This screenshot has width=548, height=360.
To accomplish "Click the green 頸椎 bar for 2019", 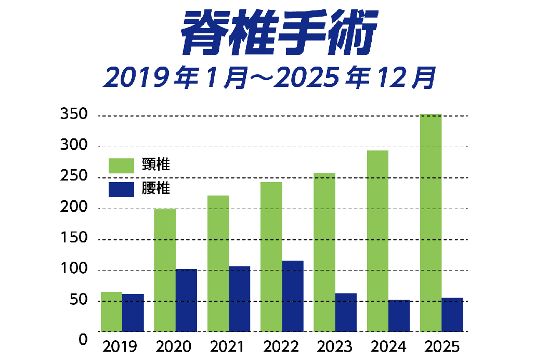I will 111,312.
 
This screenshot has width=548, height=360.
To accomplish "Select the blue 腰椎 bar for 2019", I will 133,313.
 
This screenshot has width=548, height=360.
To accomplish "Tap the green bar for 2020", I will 165,270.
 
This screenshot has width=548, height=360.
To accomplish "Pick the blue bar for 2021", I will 239,299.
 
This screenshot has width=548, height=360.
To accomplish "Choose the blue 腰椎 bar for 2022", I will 293,296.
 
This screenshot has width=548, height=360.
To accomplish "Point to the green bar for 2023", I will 324,252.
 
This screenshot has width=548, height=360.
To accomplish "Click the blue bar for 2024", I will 399,316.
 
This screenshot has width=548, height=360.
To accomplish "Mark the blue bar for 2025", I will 452,315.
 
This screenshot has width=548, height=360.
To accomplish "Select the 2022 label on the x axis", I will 281,346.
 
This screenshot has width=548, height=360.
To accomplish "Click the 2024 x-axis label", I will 388,346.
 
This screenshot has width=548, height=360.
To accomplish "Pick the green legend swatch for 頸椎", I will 121,165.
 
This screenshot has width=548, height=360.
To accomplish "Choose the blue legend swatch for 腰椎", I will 121,189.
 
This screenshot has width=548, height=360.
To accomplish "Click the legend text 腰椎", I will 156,188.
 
